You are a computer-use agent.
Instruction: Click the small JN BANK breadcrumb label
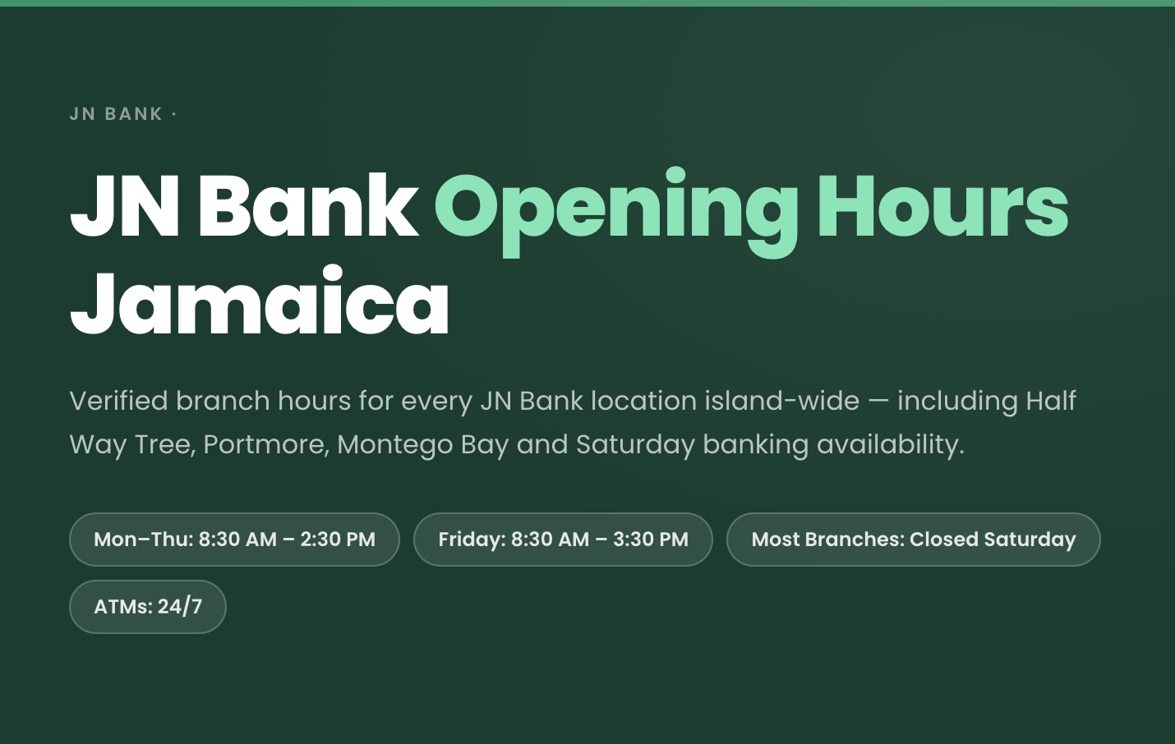pos(116,114)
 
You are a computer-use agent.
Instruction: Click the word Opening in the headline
pos(615,207)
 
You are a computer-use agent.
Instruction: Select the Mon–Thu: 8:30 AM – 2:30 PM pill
pos(234,540)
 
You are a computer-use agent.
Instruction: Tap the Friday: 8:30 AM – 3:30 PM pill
pos(563,540)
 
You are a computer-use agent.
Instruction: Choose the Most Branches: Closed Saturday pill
pos(913,540)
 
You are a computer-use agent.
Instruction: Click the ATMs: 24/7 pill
pos(148,607)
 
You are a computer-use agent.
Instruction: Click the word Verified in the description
pos(118,401)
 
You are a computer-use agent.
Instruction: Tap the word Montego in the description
pos(394,445)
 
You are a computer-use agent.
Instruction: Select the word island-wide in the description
pos(781,401)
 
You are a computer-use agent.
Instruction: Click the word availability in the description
pos(890,444)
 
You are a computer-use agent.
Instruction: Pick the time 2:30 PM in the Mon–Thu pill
pos(338,540)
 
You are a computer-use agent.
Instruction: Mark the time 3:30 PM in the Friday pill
pos(651,540)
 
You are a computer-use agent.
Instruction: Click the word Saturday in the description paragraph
pos(635,444)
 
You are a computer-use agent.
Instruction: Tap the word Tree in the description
pos(164,444)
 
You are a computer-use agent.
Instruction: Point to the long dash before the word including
pos(878,402)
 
